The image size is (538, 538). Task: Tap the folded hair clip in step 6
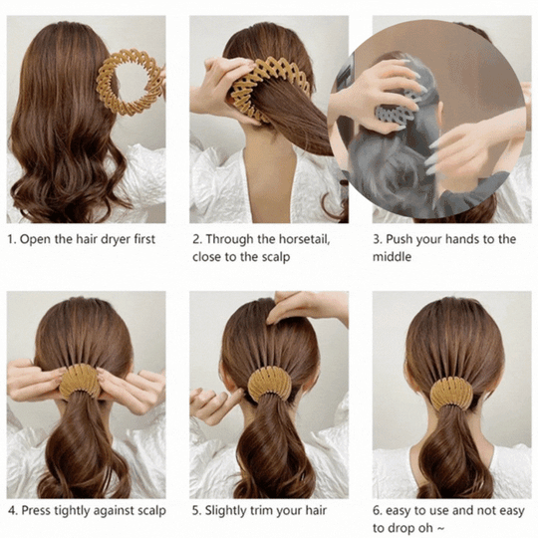(x=450, y=392)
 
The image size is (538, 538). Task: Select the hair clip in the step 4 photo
(x=80, y=382)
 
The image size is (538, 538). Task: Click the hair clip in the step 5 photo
(x=269, y=384)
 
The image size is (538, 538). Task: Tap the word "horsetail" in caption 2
(x=298, y=239)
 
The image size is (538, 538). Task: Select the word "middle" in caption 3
(x=392, y=257)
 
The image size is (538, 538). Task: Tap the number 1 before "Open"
(x=11, y=239)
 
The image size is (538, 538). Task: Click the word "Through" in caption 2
(x=231, y=239)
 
